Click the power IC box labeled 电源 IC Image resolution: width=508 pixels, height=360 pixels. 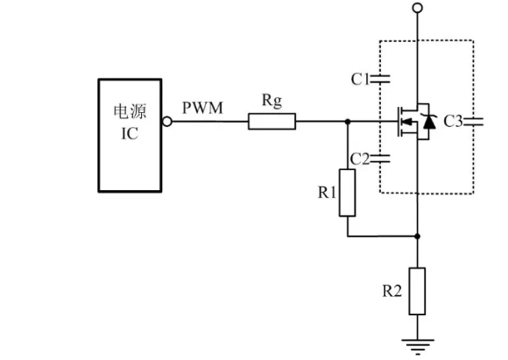point(128,136)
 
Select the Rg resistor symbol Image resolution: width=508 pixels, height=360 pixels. point(272,122)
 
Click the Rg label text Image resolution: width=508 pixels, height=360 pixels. point(272,101)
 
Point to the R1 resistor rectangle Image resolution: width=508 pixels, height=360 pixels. point(348,193)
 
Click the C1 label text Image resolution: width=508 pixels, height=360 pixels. point(360,79)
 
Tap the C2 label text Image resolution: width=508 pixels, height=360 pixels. point(360,159)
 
